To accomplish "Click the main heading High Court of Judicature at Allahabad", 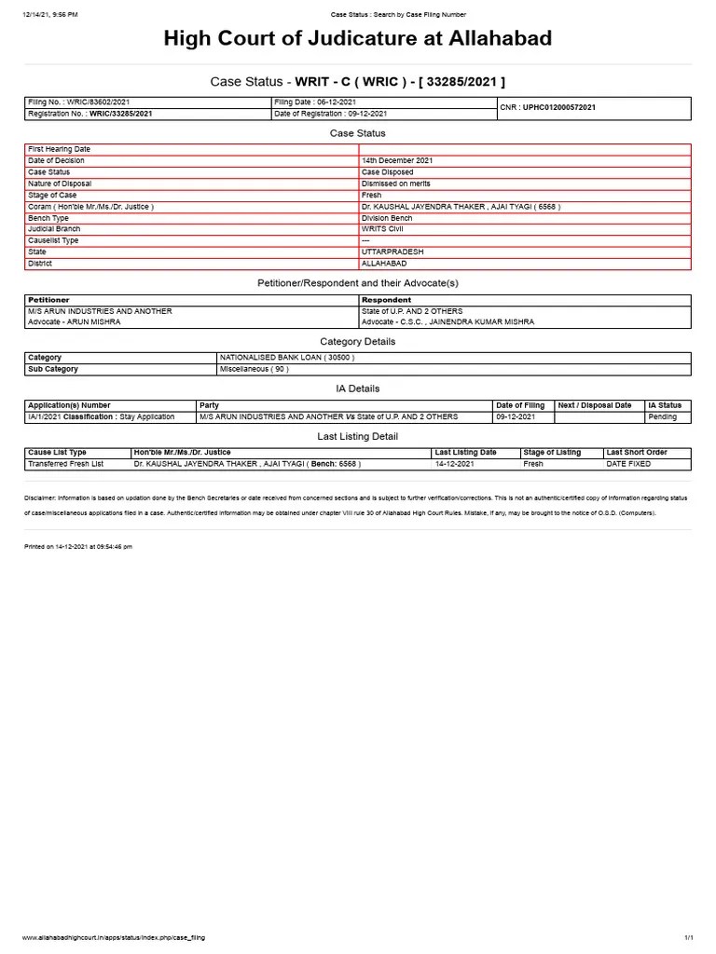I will pos(358,39).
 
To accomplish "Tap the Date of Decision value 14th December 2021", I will pos(396,160).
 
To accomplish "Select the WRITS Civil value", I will pos(383,228).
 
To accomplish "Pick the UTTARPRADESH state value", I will pos(392,252).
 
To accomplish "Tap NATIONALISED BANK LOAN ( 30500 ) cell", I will pos(287,357).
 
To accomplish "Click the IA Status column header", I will pos(665,405).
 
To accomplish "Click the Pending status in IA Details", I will pos(665,417).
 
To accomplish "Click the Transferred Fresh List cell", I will pos(66,463).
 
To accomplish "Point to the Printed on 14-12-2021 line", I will pos(78,547).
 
